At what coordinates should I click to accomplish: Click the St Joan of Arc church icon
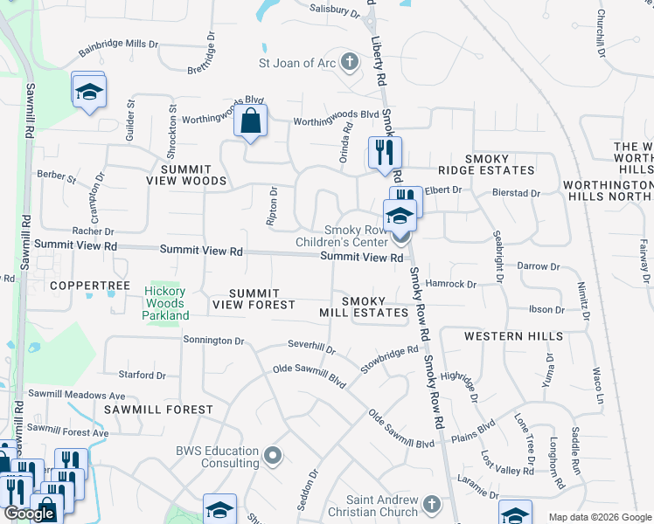(350, 61)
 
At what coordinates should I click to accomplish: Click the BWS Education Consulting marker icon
(273, 454)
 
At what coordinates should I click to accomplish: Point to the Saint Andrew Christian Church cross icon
(431, 504)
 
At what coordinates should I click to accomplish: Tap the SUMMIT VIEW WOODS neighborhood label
(193, 175)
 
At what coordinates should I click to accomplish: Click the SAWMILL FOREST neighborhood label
(158, 409)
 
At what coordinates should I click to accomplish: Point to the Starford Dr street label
(142, 375)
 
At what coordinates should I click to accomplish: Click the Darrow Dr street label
(538, 266)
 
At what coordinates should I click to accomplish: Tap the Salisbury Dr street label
(335, 10)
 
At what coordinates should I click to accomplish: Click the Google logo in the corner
(29, 514)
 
